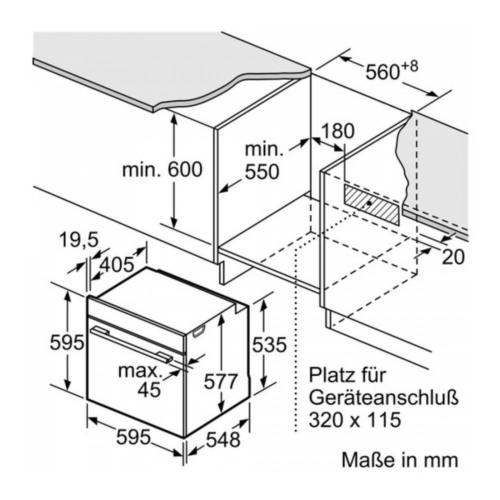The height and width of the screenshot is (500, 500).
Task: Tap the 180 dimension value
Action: tap(337, 131)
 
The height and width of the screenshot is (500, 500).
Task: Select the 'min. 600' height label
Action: tap(162, 169)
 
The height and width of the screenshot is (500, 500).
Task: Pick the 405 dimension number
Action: tap(117, 263)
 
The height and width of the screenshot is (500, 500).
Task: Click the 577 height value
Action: tap(220, 382)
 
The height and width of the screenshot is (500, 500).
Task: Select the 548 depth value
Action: tap(223, 440)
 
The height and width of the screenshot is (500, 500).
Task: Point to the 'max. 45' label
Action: tap(140, 379)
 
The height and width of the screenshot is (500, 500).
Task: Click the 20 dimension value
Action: tap(453, 256)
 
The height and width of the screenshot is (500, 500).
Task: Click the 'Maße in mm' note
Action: tap(399, 459)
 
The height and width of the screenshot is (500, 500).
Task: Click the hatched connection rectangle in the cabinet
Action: tap(372, 203)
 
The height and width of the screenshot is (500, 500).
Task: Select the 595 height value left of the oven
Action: tap(66, 342)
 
